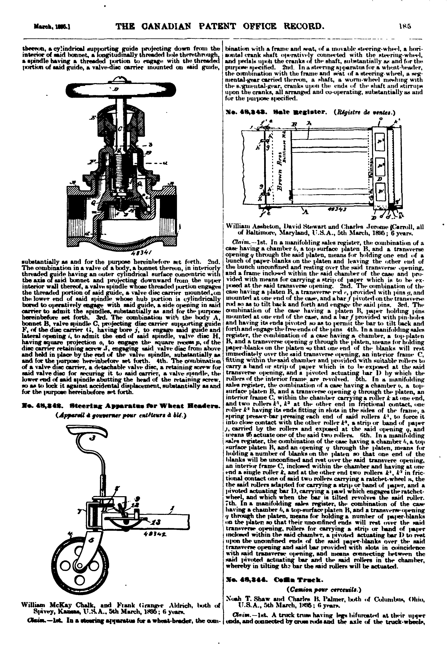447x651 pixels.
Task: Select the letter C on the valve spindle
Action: tap(120, 129)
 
